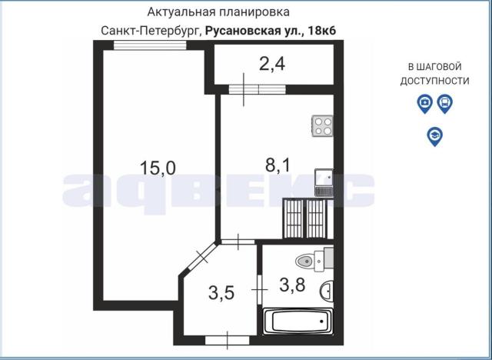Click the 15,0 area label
point(158,167)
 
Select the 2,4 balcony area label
point(271,65)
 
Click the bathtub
point(298,321)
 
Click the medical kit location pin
point(424,104)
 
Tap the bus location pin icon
point(444,104)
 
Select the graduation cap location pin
point(434,136)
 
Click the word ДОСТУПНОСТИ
point(434,80)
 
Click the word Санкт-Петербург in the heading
point(151,30)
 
